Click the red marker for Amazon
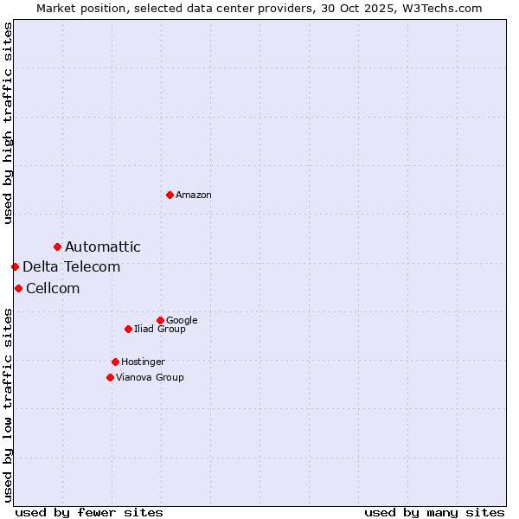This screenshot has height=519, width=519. point(170,195)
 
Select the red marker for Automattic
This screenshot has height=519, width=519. point(57,247)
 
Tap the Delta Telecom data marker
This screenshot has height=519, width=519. point(15,266)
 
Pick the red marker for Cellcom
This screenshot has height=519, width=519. point(18,288)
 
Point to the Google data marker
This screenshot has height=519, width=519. point(160,320)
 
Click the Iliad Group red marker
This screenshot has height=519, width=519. point(128,329)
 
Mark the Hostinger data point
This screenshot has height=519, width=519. point(115,362)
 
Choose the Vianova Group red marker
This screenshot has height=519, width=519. point(110,377)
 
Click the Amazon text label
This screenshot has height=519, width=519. point(194,195)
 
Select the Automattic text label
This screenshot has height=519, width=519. point(103,247)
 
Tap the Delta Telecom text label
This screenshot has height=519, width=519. point(72,267)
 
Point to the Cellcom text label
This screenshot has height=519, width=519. point(53,289)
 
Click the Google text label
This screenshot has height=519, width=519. point(182,321)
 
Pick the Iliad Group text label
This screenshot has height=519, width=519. point(160,330)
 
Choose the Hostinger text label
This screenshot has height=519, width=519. point(143,362)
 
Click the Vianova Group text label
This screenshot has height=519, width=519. point(150,378)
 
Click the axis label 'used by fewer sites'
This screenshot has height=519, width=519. point(89,512)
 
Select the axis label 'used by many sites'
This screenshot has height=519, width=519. point(434,512)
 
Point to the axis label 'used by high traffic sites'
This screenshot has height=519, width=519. point(8,123)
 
